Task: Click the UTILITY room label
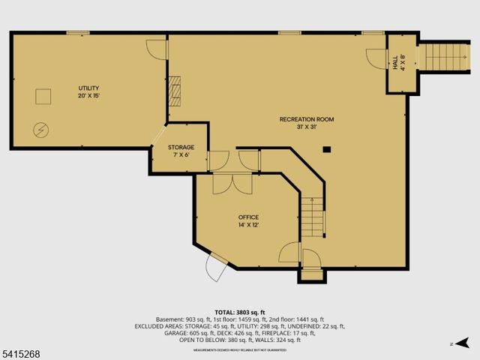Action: click(88, 88)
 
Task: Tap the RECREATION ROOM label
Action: click(307, 119)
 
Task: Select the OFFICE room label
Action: click(248, 217)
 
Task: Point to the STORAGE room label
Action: click(181, 147)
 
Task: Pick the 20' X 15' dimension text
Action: click(88, 96)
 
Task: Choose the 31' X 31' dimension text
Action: click(307, 127)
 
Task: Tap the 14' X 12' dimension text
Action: click(248, 225)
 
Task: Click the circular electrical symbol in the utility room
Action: click(40, 130)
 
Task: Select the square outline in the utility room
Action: click(43, 96)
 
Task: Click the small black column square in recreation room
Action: click(327, 149)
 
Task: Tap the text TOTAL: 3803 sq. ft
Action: click(239, 312)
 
